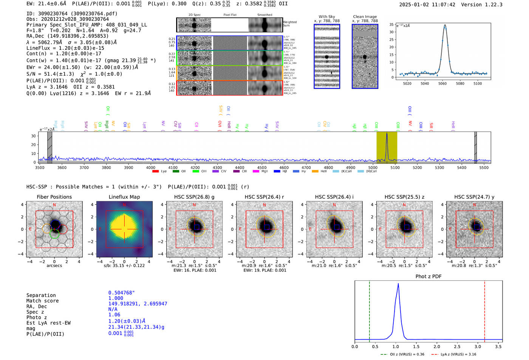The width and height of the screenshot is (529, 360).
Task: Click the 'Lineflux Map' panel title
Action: [124, 197]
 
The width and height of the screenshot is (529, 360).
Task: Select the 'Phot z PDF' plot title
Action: [428, 277]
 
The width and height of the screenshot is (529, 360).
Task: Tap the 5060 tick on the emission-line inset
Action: [442, 83]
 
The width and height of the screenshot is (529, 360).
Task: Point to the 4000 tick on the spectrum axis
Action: [151, 168]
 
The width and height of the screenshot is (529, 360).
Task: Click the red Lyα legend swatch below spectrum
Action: [155, 172]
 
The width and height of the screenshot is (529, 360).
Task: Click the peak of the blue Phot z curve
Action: [398, 284]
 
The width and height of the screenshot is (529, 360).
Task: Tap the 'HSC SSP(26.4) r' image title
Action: [264, 197]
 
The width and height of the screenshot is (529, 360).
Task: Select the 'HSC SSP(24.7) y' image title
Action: [474, 197]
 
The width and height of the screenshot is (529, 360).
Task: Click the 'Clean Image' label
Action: [365, 17]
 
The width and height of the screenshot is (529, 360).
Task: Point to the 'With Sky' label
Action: [326, 17]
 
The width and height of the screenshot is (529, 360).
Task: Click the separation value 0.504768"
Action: [121, 293]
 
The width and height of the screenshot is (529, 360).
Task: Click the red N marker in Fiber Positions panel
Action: [54, 205]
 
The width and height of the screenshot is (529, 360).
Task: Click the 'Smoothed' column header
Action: [264, 15]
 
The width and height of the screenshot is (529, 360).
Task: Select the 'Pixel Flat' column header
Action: [230, 15]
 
